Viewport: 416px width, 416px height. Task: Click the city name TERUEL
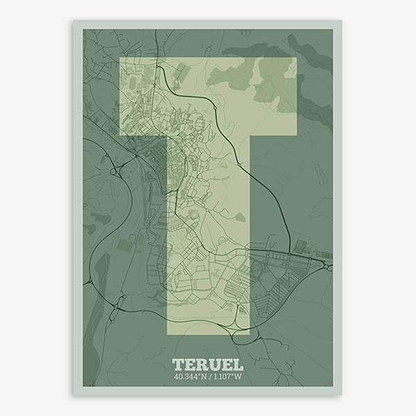coord(207,364)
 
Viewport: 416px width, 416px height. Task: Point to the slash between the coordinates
coord(209,378)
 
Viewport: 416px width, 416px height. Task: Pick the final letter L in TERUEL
coord(237,364)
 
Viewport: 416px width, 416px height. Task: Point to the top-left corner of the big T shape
coord(119,58)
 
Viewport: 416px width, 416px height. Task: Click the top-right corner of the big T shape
coord(297,58)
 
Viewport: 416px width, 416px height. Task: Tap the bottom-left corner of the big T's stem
coord(168,335)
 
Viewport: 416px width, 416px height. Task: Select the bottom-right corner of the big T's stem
coord(249,335)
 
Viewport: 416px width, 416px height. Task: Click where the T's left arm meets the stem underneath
coord(168,135)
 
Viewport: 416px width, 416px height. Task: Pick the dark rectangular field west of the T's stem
coord(125,245)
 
